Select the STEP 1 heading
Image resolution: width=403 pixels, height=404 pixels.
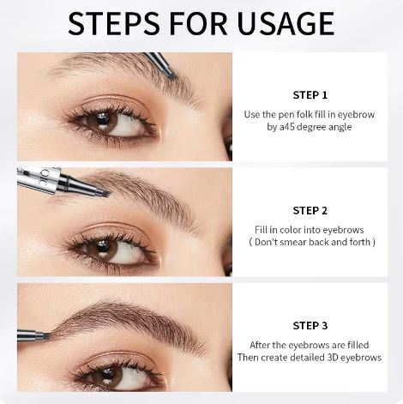(x=310, y=95)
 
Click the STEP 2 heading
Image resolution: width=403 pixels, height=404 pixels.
(x=310, y=210)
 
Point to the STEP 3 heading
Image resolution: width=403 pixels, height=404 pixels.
(x=310, y=325)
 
